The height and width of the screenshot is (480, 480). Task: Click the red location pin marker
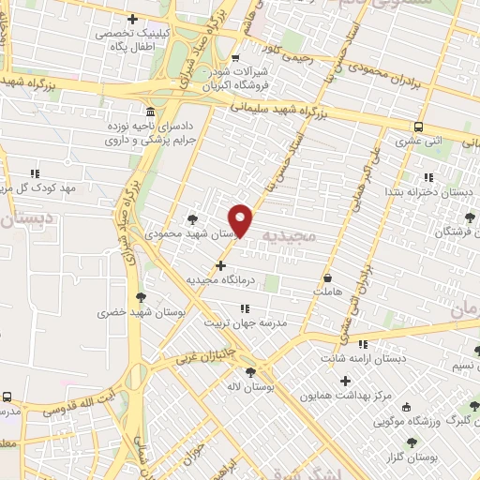[242, 219]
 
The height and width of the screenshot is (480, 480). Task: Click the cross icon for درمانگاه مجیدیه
[220, 266]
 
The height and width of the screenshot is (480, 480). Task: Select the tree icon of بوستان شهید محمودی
[193, 217]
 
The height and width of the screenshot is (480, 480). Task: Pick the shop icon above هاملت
[327, 277]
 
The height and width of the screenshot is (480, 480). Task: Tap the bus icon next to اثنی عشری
[418, 127]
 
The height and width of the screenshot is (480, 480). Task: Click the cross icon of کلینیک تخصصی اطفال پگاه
[132, 20]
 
